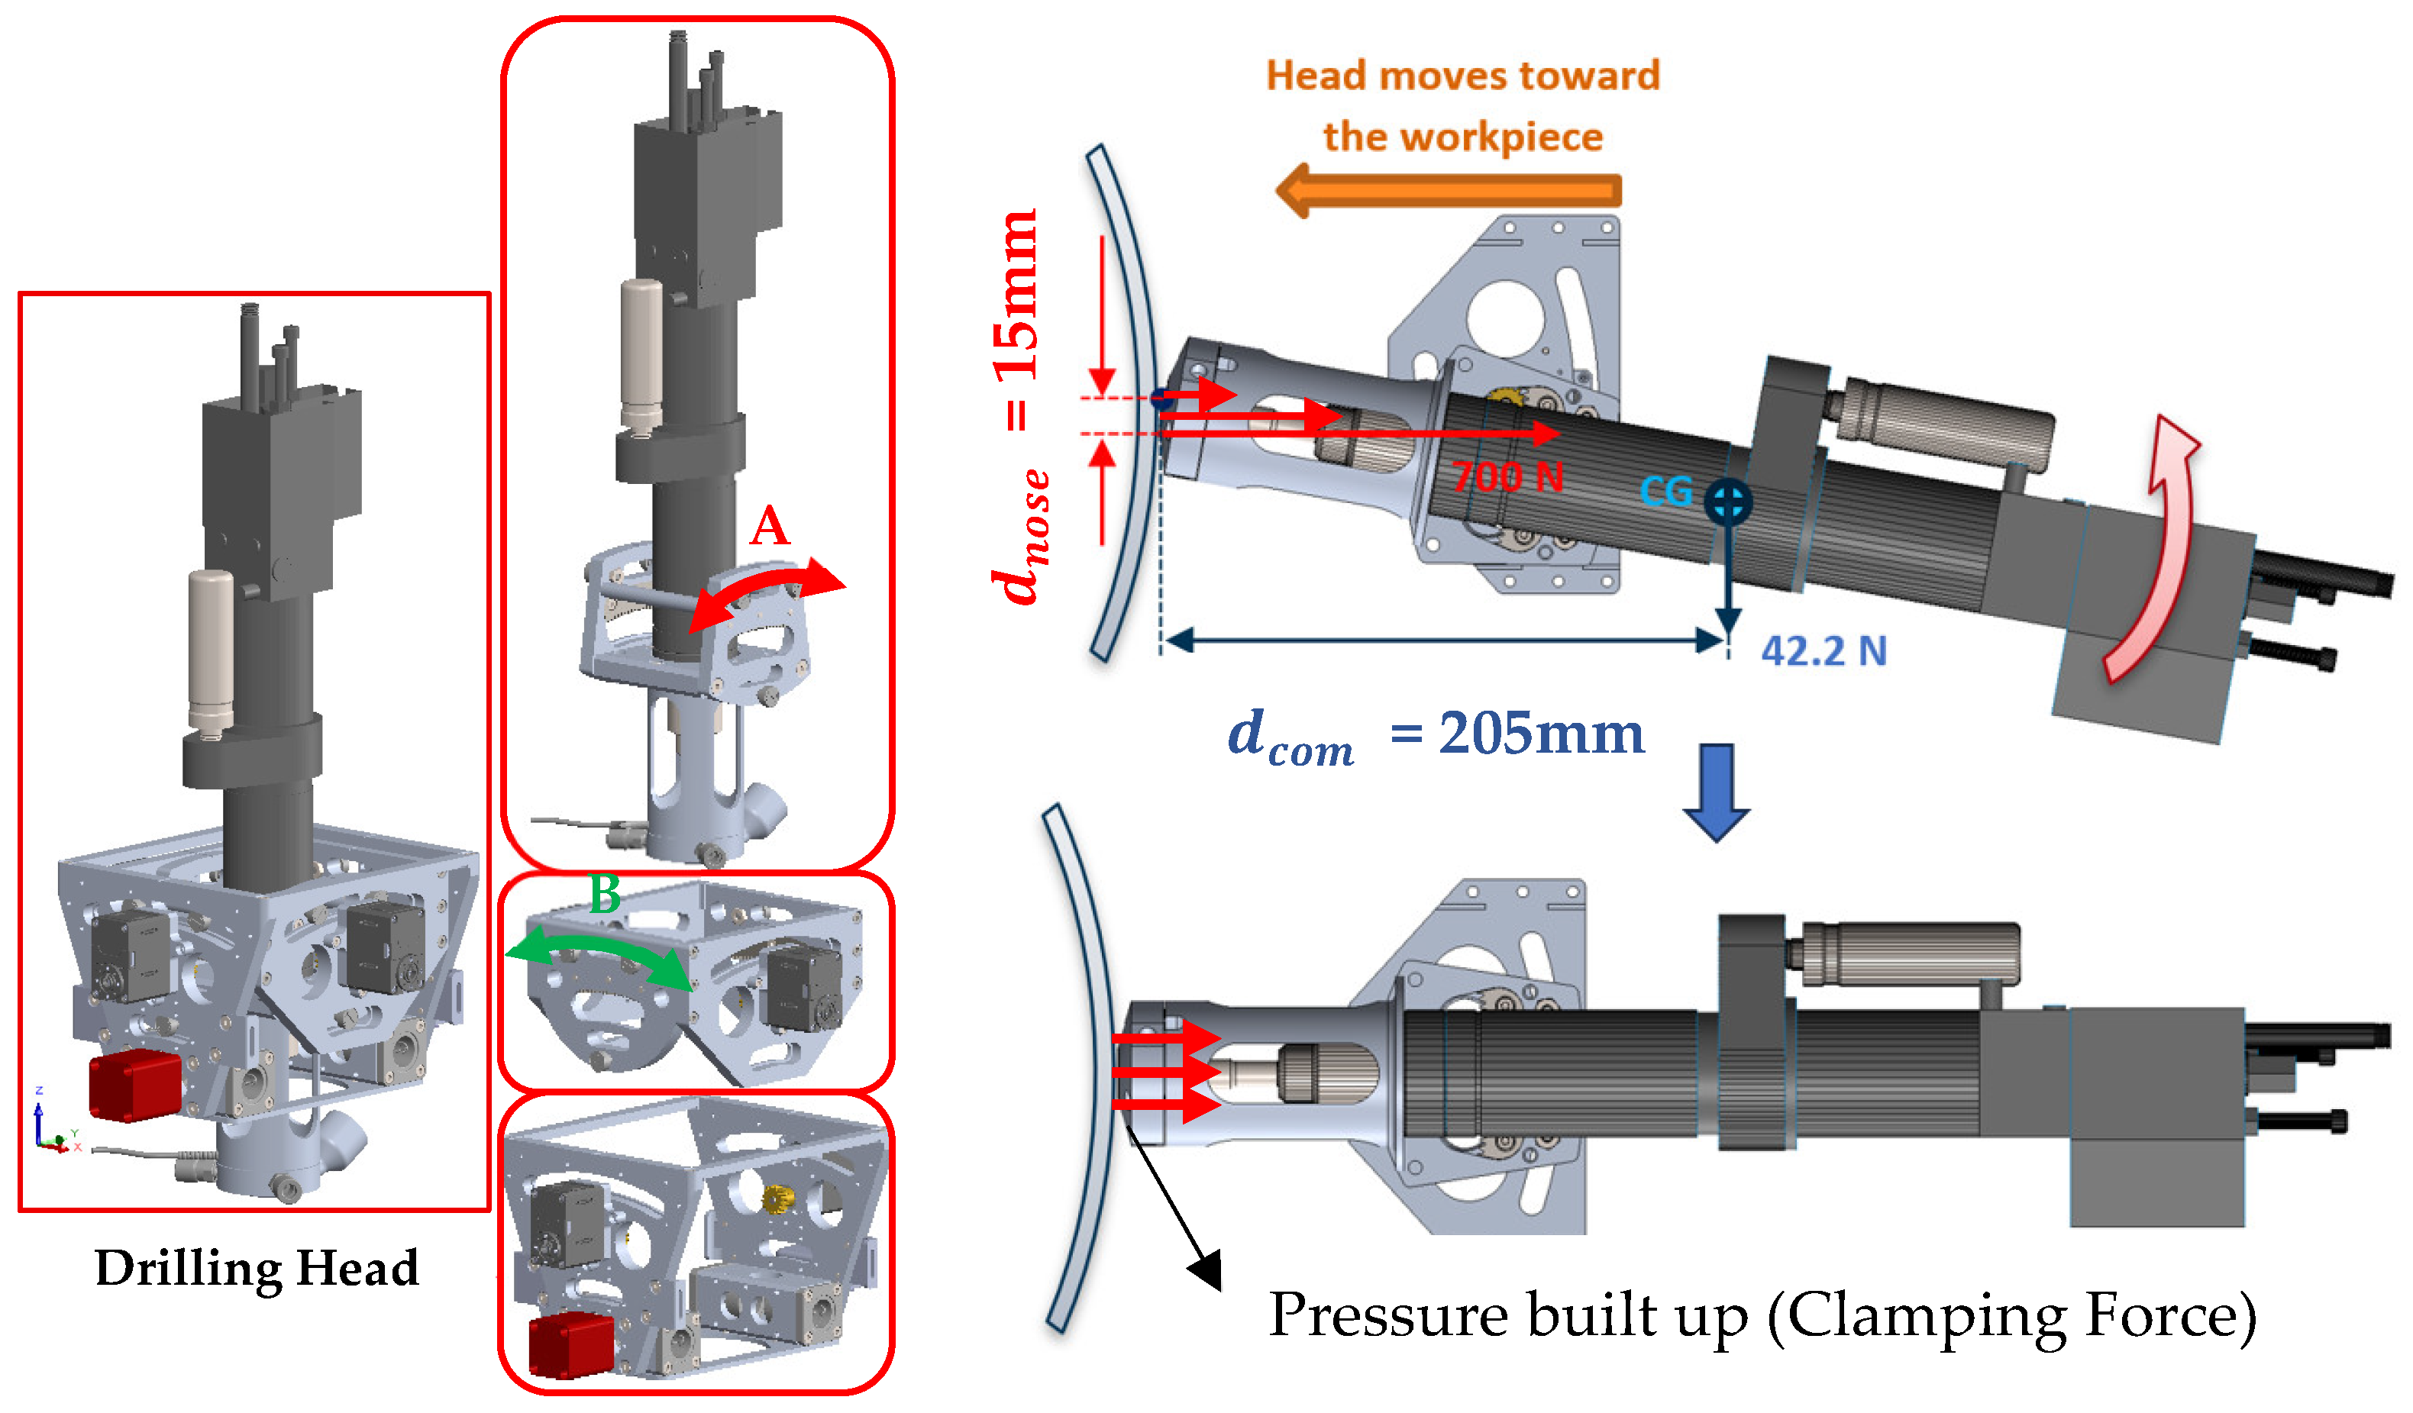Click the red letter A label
[x=769, y=527]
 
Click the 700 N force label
[x=1507, y=476]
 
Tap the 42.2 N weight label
[x=1823, y=651]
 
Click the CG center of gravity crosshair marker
[x=1727, y=502]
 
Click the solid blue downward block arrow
[x=1716, y=791]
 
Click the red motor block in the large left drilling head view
[x=135, y=1084]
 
